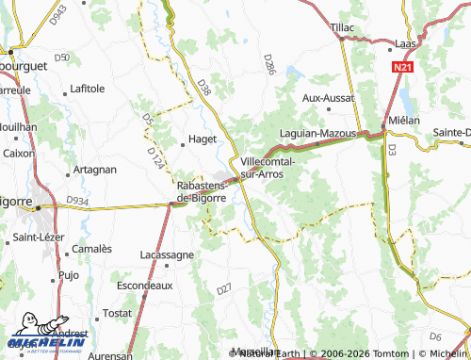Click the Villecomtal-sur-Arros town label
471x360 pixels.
(268, 168)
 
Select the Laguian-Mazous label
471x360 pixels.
(316, 134)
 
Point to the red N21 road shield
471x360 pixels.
(403, 68)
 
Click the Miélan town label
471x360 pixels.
(404, 122)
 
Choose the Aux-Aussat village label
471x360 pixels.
(327, 97)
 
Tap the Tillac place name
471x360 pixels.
(342, 28)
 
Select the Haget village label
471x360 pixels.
(203, 139)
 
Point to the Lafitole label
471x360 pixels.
(87, 89)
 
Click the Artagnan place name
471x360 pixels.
(95, 170)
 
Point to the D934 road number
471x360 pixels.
(77, 200)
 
